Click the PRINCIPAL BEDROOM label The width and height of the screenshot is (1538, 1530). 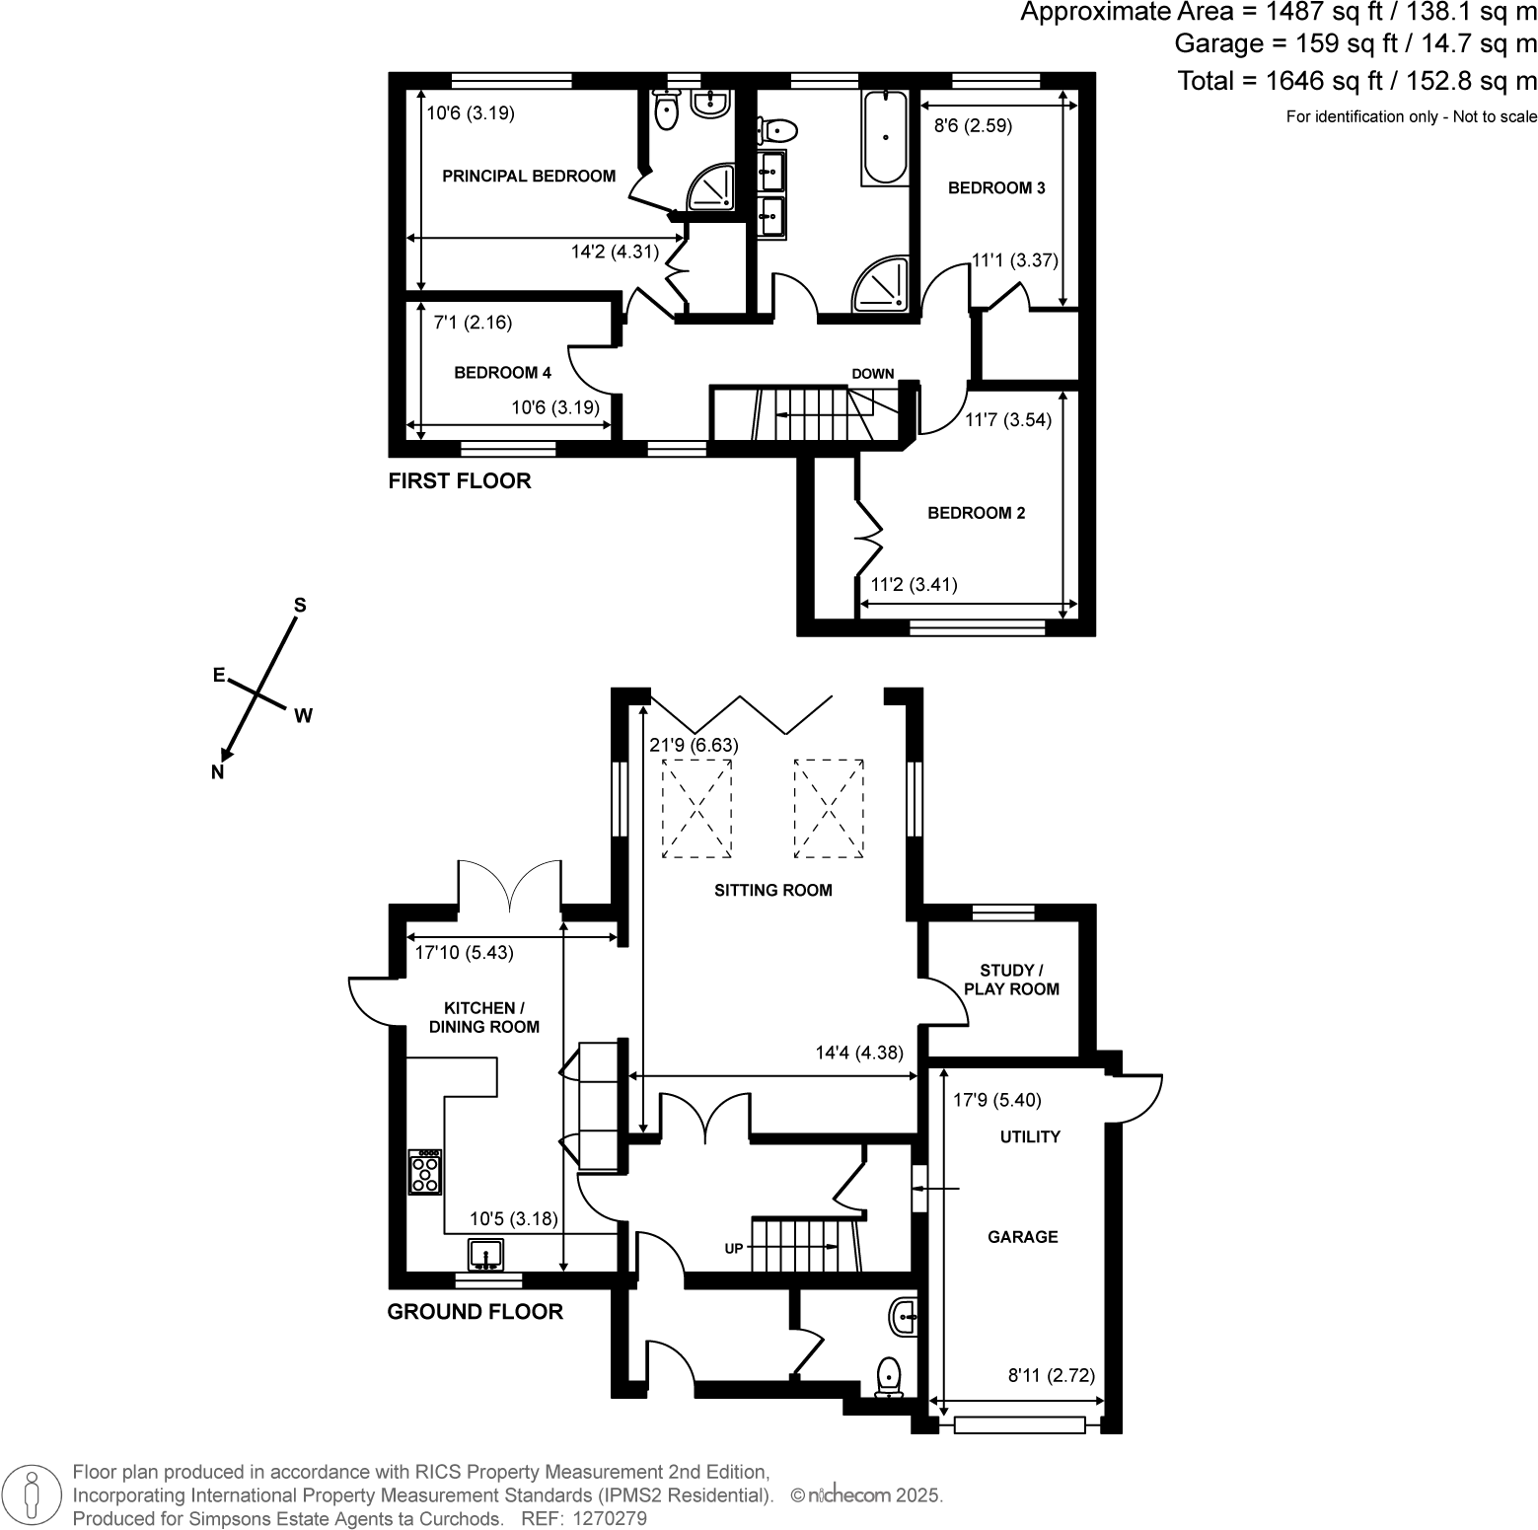528,177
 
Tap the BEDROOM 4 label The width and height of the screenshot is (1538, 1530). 502,373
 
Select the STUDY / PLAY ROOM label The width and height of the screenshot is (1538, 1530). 1011,980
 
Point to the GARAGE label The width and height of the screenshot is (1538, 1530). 1022,1237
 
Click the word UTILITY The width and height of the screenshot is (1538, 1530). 1030,1136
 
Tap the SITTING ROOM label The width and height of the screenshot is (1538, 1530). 772,890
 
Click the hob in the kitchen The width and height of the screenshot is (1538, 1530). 425,1172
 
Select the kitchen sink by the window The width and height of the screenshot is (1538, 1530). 486,1254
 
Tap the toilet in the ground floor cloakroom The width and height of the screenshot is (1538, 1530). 890,1376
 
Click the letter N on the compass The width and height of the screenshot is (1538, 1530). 218,772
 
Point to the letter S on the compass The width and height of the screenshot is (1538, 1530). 301,605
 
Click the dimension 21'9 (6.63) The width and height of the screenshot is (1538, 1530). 694,745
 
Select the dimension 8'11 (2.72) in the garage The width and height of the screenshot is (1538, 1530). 1051,1375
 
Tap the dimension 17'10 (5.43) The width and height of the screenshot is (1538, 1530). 464,953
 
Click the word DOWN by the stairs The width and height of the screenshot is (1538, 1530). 872,374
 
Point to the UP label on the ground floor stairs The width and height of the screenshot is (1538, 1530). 734,1248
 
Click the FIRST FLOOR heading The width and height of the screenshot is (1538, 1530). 460,481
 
